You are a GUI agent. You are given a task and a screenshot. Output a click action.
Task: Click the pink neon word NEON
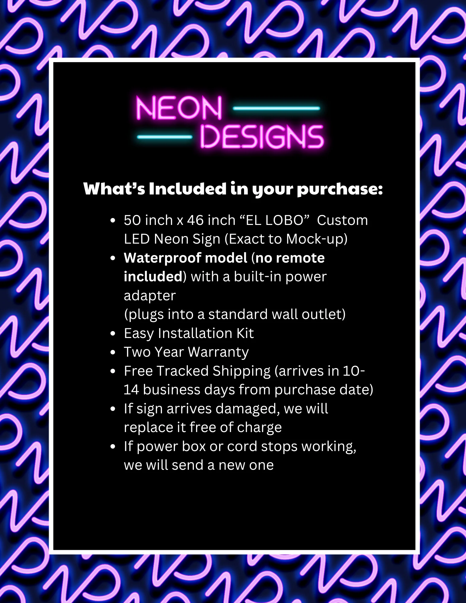point(179,108)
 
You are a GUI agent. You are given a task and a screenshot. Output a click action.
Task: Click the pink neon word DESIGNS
point(262,137)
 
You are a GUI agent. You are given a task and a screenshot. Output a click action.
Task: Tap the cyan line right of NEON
point(277,108)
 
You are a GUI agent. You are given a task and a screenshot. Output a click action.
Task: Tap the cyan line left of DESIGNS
point(165,137)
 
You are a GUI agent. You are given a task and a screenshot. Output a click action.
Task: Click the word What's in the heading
point(114,189)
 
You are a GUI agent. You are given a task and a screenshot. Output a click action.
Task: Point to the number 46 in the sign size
point(195,220)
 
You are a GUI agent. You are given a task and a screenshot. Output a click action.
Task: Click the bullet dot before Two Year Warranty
point(113,352)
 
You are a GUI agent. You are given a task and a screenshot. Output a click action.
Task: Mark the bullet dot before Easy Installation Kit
point(113,334)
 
